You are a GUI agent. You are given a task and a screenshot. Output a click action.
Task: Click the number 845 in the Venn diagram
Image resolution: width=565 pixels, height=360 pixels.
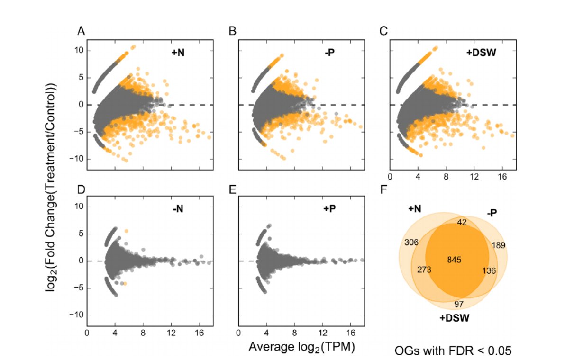454,260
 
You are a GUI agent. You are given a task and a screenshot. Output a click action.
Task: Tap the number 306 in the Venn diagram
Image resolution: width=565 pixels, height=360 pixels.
412,242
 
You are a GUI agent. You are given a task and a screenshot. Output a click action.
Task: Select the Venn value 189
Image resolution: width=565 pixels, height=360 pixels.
499,245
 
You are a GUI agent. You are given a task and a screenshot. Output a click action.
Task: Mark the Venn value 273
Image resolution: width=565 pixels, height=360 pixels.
424,270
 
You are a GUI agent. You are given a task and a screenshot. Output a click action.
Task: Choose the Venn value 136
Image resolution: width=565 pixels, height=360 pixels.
489,270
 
